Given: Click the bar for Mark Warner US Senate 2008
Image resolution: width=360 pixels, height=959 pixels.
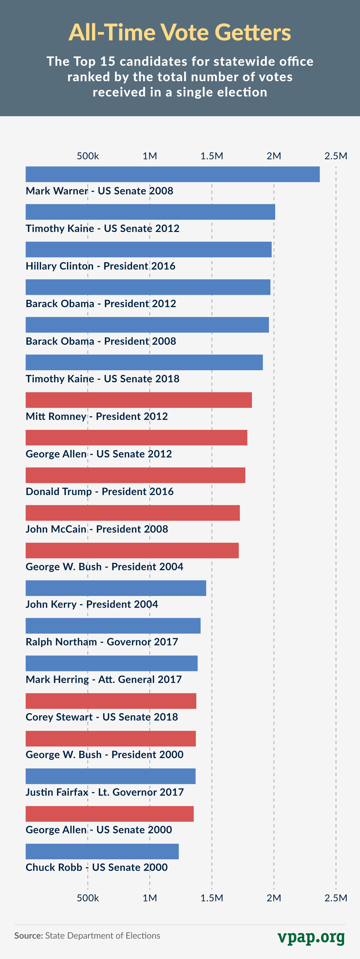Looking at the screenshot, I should tap(172, 174).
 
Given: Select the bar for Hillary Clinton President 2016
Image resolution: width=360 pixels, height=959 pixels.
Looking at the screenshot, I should tap(149, 249).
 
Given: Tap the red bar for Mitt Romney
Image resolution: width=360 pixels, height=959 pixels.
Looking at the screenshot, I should tap(138, 400).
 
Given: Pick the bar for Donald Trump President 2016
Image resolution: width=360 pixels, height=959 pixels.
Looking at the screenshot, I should tap(135, 475).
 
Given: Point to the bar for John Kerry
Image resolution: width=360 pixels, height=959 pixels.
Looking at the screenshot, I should tap(116, 588).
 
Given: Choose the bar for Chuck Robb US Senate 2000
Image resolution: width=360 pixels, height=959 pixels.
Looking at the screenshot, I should tap(102, 851).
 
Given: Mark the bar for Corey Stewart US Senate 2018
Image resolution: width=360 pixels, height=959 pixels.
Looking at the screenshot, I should tap(111, 701).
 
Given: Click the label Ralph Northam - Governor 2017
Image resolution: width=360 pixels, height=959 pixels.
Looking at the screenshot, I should tap(102, 642).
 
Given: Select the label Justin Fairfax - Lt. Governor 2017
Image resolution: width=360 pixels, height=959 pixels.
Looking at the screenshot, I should tap(105, 792).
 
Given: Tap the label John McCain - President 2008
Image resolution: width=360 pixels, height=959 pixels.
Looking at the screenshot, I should tap(97, 529).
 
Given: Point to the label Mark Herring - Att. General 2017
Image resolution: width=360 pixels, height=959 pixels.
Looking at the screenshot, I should tap(103, 679).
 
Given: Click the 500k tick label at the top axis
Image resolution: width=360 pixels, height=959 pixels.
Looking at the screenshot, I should tap(88, 156).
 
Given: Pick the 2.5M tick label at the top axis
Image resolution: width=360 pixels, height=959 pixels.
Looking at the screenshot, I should tap(335, 156).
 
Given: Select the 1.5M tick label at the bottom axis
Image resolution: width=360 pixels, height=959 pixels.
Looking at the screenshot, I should tap(212, 898).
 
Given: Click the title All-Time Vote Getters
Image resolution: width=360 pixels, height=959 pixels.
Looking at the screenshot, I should tap(180, 33).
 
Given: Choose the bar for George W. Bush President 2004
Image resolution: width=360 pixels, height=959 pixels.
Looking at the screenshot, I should tap(132, 550).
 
